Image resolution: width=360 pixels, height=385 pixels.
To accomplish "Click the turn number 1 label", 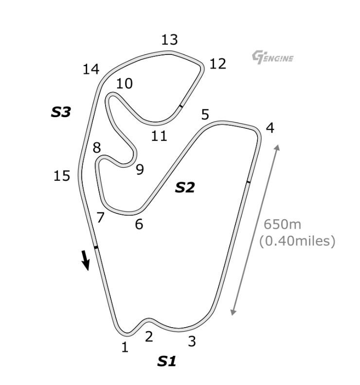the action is tap(125, 347).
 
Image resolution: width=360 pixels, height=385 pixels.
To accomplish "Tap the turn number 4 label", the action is tap(270, 128).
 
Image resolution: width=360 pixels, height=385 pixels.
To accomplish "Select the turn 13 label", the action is tap(170, 40).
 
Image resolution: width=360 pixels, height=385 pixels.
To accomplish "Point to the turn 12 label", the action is tap(218, 64).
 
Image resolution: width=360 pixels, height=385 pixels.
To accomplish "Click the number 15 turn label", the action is tap(62, 176).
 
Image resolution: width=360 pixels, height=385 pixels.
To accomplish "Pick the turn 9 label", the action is tap(140, 170).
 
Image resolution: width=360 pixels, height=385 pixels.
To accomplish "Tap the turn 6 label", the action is tap(139, 224).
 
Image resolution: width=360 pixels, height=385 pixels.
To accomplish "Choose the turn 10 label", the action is tap(125, 84).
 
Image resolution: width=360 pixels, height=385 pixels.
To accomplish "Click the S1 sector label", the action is tap(167, 361).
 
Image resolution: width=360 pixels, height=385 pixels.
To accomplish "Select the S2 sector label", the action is tap(185, 187).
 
